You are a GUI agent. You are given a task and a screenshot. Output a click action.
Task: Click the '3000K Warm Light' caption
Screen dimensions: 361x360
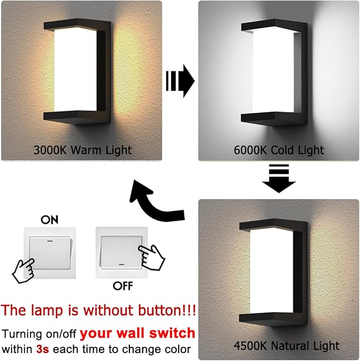(82, 150)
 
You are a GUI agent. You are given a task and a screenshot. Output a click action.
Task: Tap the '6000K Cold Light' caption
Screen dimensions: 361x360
(278, 150)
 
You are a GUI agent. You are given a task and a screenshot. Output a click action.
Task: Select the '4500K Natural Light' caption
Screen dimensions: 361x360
(286, 346)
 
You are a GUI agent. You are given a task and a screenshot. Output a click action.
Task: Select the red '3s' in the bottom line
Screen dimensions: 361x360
(42, 349)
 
